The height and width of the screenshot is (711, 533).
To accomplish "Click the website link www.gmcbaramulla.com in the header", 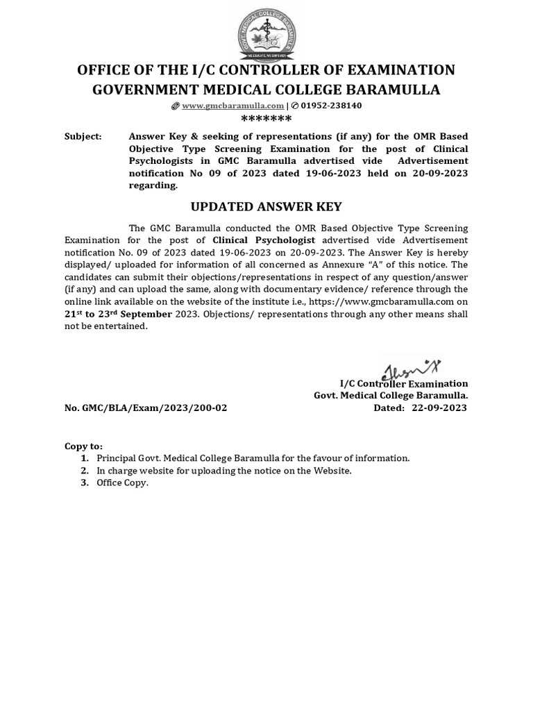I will click(232, 106).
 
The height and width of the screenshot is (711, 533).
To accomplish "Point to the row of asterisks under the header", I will click(266, 119).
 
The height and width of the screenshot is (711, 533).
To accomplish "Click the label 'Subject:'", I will click(83, 137).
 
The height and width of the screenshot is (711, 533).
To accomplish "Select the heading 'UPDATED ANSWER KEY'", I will click(266, 207).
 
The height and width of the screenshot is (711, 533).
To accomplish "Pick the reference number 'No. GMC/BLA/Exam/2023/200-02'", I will click(146, 408).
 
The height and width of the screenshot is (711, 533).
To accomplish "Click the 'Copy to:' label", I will click(83, 446).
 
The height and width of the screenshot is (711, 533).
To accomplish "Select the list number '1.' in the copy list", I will click(85, 458).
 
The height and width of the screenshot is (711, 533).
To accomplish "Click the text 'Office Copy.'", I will click(122, 483).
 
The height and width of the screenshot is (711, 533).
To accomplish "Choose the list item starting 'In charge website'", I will click(224, 471).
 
